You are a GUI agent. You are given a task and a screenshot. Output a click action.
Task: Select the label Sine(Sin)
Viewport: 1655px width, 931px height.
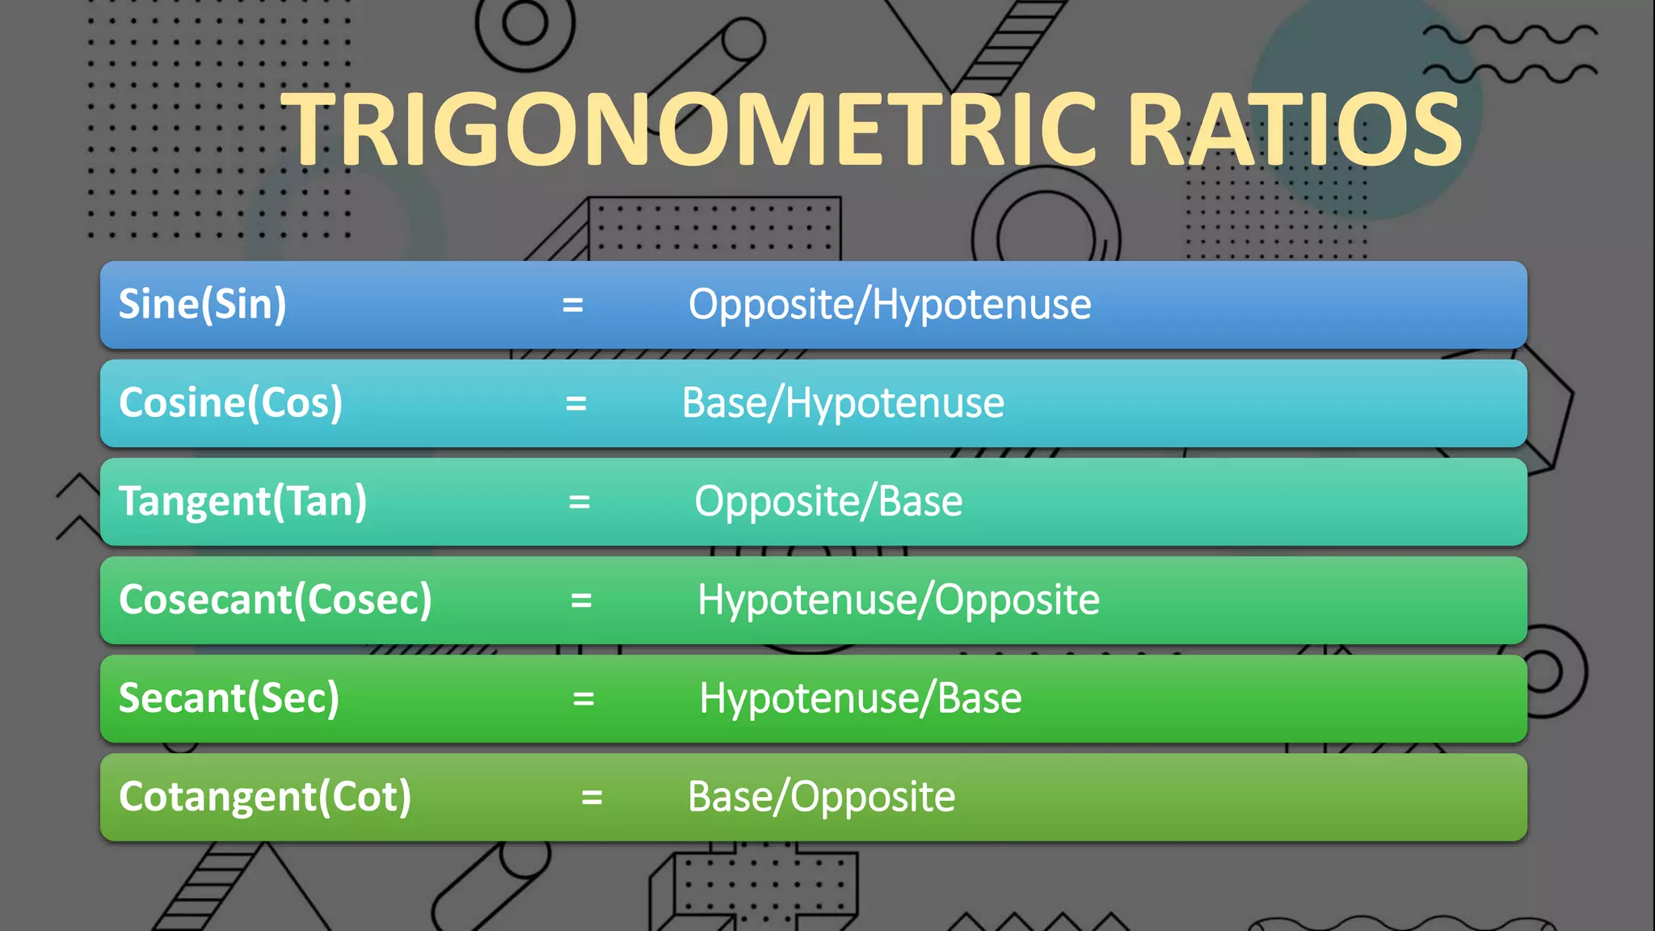[x=202, y=305]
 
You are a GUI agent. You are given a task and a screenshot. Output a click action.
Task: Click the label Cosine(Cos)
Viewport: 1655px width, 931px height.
[x=230, y=403]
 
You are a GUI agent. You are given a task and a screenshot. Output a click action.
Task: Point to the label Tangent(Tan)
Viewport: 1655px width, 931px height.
[x=242, y=502]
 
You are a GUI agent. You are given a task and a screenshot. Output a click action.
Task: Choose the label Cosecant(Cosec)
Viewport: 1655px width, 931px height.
[x=275, y=600]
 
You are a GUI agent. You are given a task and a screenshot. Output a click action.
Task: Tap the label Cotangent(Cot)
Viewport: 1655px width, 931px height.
[x=265, y=798]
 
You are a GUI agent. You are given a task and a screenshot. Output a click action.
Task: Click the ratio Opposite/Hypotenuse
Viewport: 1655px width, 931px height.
[x=889, y=305]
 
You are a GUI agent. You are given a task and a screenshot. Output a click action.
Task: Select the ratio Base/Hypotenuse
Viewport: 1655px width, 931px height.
[x=843, y=403]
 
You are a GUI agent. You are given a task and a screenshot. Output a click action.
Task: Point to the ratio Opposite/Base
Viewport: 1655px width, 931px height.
[x=828, y=502]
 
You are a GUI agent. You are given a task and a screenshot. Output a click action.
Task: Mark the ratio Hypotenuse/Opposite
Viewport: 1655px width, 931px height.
[x=898, y=600]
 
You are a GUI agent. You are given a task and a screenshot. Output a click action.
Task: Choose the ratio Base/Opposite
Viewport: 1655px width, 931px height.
[x=821, y=798]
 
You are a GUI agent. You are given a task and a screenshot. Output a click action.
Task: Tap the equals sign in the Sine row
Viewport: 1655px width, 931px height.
[x=573, y=305]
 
